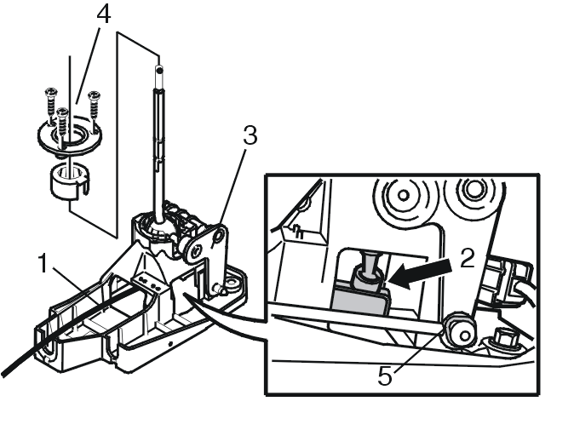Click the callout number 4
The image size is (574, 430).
click(x=104, y=15)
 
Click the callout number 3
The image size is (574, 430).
click(x=250, y=135)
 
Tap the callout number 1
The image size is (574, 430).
click(x=43, y=263)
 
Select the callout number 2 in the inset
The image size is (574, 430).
click(x=467, y=258)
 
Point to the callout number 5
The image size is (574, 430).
click(x=385, y=376)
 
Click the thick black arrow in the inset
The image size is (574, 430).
click(x=420, y=272)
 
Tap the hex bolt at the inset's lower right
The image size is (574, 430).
click(x=506, y=339)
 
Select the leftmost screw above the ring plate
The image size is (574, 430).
click(x=50, y=106)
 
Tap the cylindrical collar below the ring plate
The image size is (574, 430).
click(x=70, y=182)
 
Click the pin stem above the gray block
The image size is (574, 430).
click(x=369, y=261)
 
